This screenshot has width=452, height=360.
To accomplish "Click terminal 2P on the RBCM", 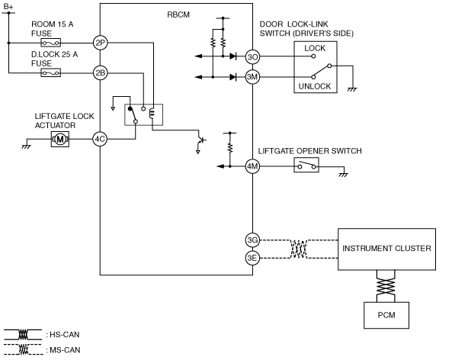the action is tap(101, 43).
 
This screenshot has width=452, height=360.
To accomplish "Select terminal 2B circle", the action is tap(101, 73).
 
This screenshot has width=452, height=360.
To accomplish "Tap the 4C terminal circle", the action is tap(100, 140).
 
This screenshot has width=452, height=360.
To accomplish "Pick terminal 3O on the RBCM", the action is tap(252, 57).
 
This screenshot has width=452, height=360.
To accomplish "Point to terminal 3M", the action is tap(252, 77).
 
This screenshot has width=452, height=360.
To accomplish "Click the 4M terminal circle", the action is tap(252, 166).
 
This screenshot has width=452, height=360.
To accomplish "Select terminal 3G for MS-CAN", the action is tap(252, 240).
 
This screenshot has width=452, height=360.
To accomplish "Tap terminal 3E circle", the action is tap(252, 258).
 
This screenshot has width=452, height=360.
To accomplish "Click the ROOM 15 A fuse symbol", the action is tap(51, 43).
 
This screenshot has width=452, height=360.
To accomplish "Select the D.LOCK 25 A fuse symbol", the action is tap(51, 73).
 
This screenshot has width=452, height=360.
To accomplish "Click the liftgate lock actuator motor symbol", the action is tap(60, 140).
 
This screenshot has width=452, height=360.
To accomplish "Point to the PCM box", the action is tap(386, 315).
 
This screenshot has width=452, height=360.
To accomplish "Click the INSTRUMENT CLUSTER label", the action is tap(386, 249).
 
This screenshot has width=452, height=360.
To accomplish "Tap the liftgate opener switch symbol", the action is tap(306, 166).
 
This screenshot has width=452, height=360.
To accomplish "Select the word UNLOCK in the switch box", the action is tap(315, 86).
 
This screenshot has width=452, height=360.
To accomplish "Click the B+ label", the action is tap(8, 6).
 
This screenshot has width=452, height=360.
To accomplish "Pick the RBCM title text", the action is tap(178, 14).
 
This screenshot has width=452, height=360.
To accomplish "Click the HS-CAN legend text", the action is tap(63, 335).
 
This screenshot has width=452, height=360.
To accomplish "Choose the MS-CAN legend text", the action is tap(63, 350).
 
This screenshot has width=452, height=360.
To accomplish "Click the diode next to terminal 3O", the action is tap(233, 56).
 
